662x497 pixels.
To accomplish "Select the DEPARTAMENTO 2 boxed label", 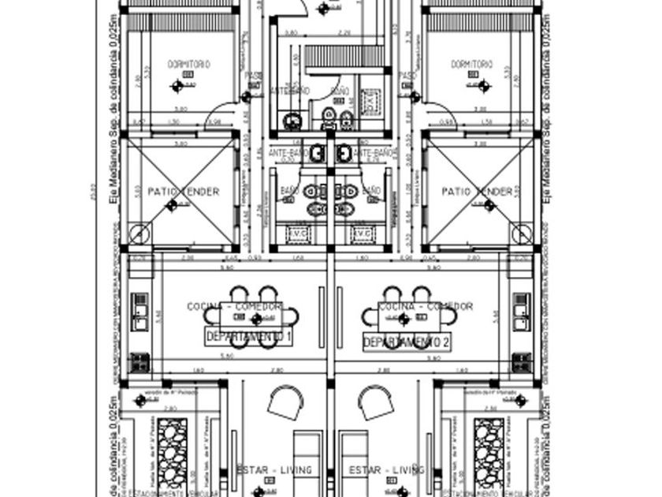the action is click(x=407, y=342).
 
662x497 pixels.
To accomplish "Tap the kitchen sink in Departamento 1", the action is click(x=140, y=311).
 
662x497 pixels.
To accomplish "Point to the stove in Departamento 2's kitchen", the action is click(x=521, y=363).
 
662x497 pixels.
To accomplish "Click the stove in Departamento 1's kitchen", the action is click(x=140, y=362).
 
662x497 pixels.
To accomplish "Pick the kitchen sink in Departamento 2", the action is click(x=521, y=311).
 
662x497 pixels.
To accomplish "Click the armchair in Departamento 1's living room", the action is click(x=285, y=403).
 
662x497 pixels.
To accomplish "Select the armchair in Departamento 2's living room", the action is click(x=375, y=403).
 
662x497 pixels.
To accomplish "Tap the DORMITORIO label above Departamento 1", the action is click(x=189, y=64).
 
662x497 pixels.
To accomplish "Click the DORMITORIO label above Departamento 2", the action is click(x=472, y=64).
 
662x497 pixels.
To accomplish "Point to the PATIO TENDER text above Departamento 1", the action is click(x=183, y=192).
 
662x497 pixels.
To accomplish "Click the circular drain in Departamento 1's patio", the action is click(x=139, y=234).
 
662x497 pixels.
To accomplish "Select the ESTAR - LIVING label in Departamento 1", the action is click(x=274, y=470).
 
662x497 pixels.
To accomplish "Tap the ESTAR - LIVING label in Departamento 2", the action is click(x=387, y=470).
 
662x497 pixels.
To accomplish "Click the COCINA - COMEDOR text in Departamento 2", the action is click(x=426, y=306).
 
